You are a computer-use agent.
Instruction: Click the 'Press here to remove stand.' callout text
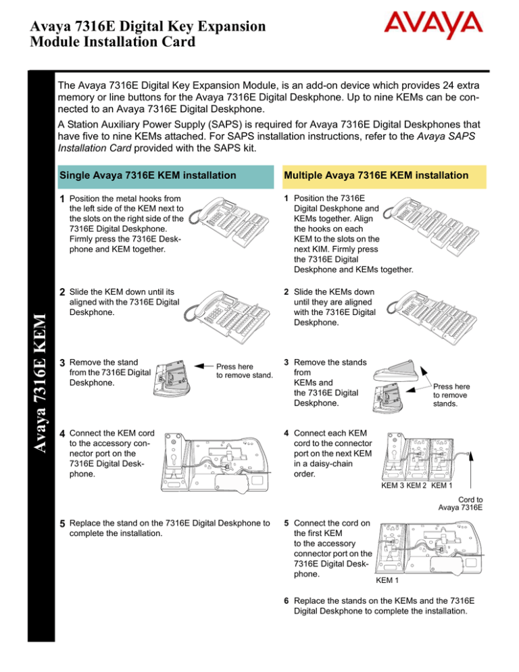244,371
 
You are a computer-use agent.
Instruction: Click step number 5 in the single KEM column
62,523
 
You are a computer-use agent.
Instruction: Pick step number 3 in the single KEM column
62,362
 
